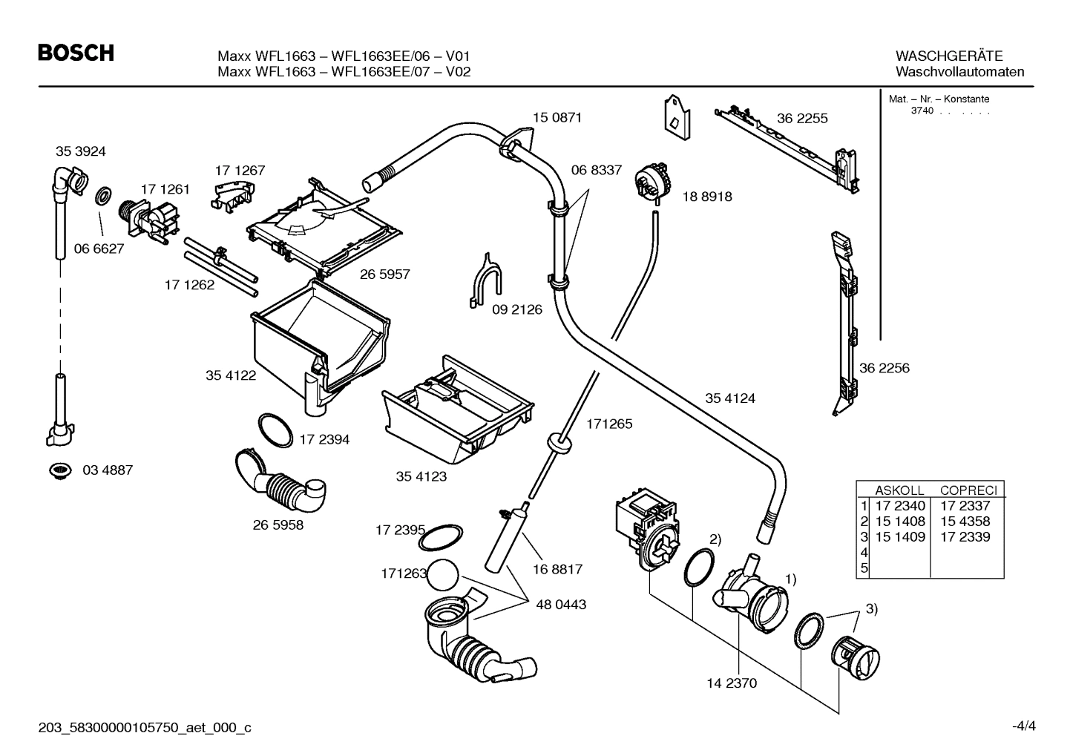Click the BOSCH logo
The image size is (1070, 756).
click(76, 53)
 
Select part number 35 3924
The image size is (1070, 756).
click(81, 151)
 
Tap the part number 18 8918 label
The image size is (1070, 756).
click(706, 197)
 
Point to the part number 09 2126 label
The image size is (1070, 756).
click(517, 309)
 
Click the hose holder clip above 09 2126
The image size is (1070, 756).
click(484, 281)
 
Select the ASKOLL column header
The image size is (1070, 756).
click(899, 490)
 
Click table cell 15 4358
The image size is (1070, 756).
click(965, 522)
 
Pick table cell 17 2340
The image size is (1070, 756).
click(900, 506)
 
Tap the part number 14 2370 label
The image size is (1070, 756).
click(732, 683)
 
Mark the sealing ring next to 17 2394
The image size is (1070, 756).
click(275, 430)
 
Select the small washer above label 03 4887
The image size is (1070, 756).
click(59, 470)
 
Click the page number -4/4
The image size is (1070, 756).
click(1023, 726)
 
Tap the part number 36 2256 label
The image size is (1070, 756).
click(884, 368)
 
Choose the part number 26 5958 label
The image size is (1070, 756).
click(278, 525)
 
